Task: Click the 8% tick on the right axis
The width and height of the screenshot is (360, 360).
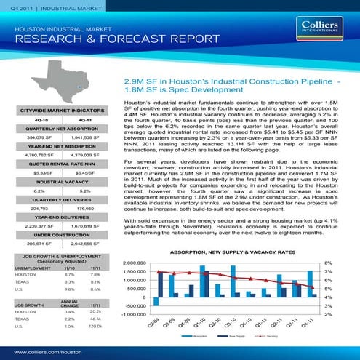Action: pos(328,263)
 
